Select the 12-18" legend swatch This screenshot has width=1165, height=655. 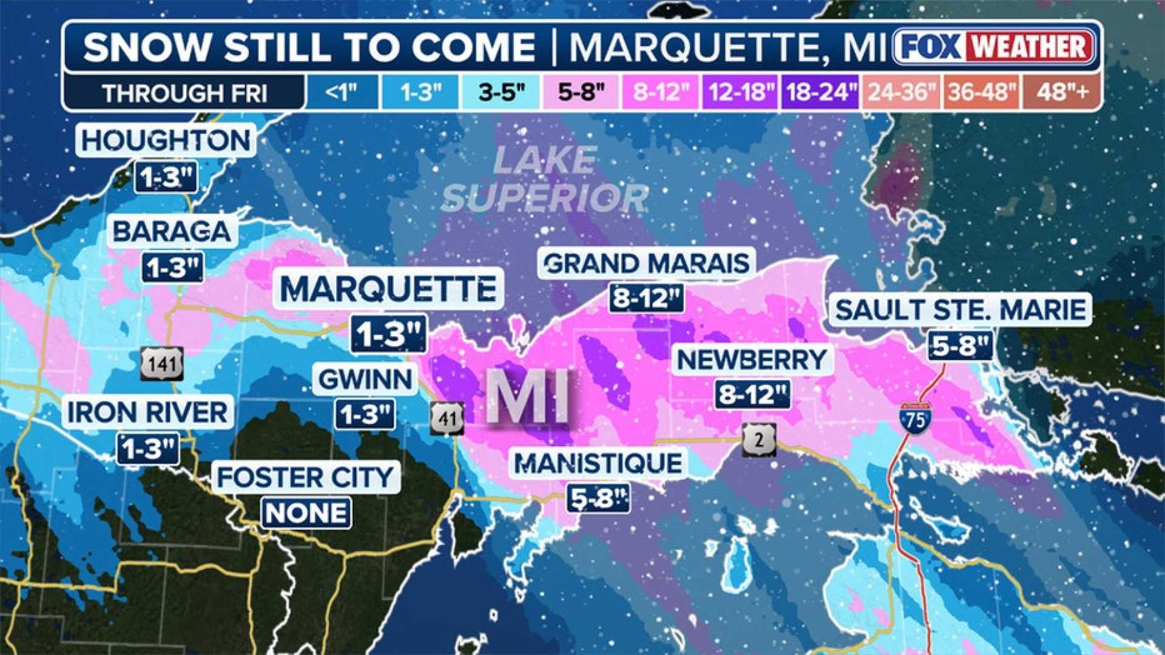point(741,92)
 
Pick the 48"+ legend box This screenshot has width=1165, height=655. point(1062,92)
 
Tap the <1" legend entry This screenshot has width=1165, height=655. point(342,92)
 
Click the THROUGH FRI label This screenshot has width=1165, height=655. point(184,93)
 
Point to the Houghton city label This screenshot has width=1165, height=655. point(166,141)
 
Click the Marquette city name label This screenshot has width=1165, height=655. point(388,289)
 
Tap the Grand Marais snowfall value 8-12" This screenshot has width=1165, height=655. point(647,297)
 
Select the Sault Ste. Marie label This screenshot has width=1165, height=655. point(960,310)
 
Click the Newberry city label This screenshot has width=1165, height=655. point(752,360)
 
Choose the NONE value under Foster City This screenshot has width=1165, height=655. point(306,513)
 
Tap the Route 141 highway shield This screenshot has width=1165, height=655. point(162,364)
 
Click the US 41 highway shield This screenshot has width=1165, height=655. point(448,418)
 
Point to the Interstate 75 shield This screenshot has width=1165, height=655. point(916,419)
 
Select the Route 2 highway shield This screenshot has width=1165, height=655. point(759,439)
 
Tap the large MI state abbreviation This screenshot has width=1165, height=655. point(528,396)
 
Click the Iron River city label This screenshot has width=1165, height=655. point(147,413)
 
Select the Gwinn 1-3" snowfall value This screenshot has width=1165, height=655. point(365,415)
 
